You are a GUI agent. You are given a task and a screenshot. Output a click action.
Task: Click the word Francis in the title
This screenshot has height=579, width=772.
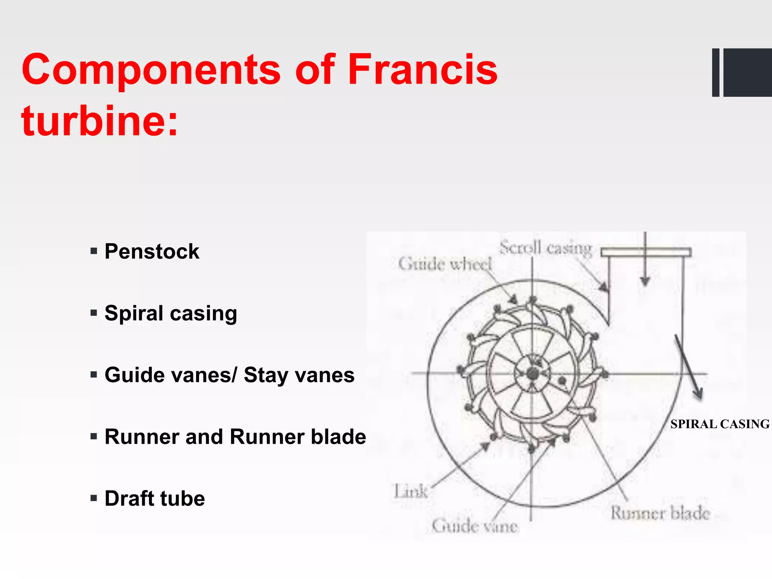point(422,70)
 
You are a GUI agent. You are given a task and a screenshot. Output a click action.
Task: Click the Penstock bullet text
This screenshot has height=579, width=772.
point(152,251)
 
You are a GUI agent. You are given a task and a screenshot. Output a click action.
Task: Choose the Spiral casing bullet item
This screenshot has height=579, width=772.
point(171,313)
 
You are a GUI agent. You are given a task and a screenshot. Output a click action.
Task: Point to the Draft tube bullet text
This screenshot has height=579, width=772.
point(155,498)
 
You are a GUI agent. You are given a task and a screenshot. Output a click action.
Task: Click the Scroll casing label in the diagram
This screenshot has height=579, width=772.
point(546,248)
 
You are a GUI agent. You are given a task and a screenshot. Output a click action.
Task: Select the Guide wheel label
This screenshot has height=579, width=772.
point(445,264)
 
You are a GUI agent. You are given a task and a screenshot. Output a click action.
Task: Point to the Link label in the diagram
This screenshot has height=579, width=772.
point(411,492)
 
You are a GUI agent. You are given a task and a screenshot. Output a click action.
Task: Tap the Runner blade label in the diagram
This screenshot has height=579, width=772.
point(660,513)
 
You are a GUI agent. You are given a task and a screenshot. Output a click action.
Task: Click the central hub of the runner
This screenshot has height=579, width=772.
point(532,374)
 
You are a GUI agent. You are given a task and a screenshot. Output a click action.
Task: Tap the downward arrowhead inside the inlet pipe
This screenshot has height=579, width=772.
point(645,281)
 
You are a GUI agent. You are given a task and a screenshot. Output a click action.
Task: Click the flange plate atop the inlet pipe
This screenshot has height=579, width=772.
point(646,252)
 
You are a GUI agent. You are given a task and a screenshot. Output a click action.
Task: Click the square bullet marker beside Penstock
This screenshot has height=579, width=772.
point(94,251)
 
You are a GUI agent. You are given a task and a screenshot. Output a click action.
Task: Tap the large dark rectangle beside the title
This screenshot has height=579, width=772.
point(747,72)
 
